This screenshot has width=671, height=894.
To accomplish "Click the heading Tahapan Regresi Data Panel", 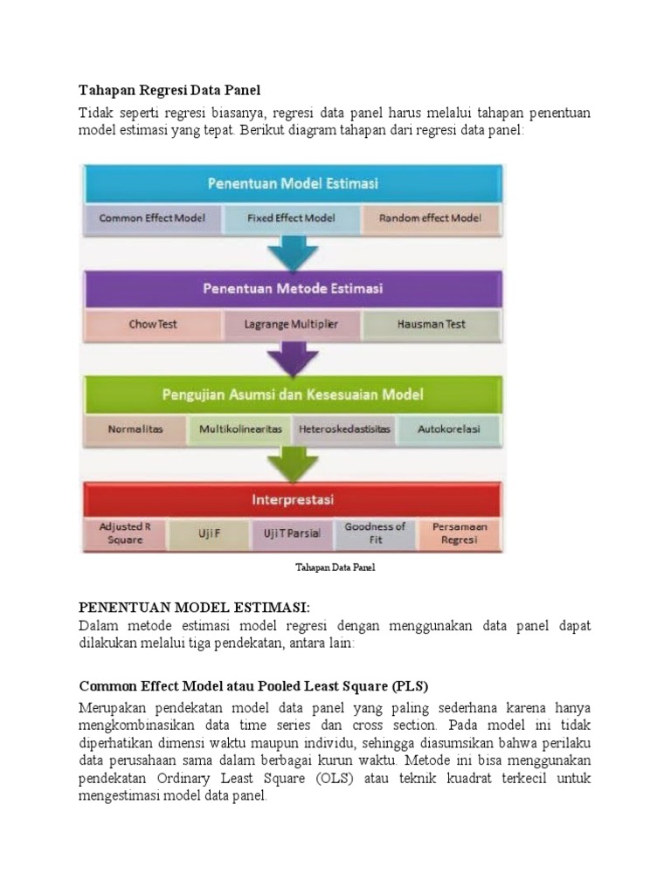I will [169, 90].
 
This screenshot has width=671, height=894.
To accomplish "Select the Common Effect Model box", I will [153, 218].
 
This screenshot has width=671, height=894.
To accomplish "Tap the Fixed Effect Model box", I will [292, 218].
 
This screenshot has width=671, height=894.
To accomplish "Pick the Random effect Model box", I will [431, 218].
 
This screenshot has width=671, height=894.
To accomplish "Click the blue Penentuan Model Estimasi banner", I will [292, 184].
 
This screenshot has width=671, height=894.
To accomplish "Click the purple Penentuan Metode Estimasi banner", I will [292, 288].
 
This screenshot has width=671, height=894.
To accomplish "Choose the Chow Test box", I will [153, 324].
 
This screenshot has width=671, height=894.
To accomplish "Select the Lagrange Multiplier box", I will [292, 324].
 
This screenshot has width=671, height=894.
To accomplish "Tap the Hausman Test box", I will [432, 324].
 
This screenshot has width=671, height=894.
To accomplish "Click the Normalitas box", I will [135, 430].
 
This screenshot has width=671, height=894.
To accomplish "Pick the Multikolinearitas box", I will [240, 430].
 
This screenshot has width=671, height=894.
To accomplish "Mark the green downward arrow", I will [293, 464].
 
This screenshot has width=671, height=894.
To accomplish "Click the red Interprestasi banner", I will [292, 500].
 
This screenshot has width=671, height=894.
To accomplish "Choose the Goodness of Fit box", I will [375, 533].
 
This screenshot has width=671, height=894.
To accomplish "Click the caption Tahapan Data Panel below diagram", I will [335, 567].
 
